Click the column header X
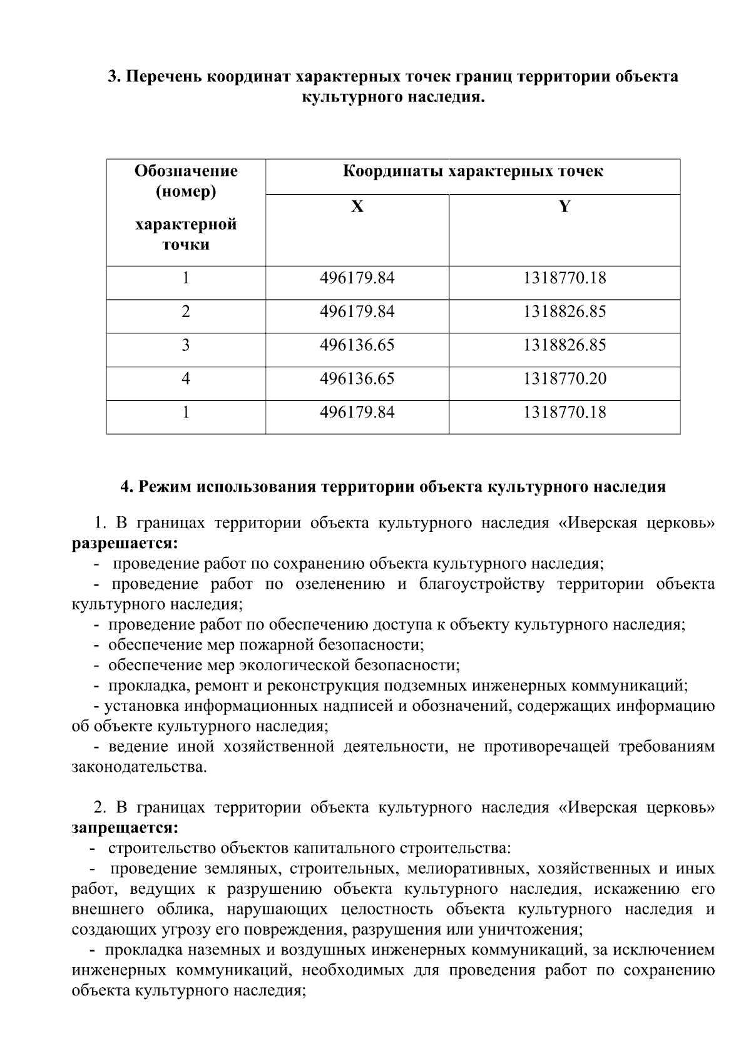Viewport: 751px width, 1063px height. tap(357, 207)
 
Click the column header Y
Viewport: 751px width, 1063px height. tap(565, 207)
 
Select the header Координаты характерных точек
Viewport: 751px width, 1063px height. tap(473, 172)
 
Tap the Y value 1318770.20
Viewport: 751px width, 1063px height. tap(565, 379)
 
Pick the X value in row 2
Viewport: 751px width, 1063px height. tap(357, 312)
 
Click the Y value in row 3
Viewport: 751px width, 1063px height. tap(565, 345)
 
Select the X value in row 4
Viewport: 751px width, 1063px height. tap(357, 379)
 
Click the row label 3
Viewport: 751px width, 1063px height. tap(186, 345)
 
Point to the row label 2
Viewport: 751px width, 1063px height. tap(186, 312)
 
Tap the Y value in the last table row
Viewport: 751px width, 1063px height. tap(565, 412)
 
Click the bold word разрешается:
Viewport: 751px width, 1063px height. tap(125, 543)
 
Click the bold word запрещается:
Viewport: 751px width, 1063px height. tap(125, 828)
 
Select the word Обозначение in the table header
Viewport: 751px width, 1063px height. tap(186, 171)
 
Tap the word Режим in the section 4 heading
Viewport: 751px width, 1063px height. tap(163, 487)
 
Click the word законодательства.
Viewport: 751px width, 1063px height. tap(139, 767)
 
